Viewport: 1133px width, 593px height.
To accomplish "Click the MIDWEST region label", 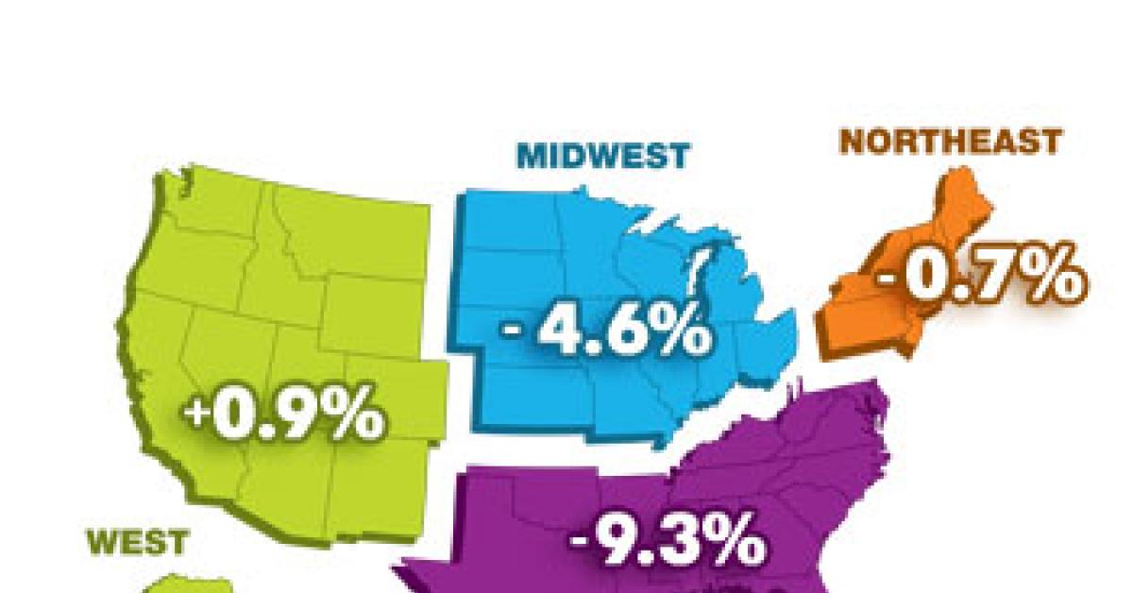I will tap(603, 154).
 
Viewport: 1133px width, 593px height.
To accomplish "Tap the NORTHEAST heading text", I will tap(951, 142).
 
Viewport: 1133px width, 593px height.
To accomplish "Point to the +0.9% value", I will tap(284, 416).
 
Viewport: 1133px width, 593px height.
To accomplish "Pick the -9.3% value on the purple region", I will tap(666, 542).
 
